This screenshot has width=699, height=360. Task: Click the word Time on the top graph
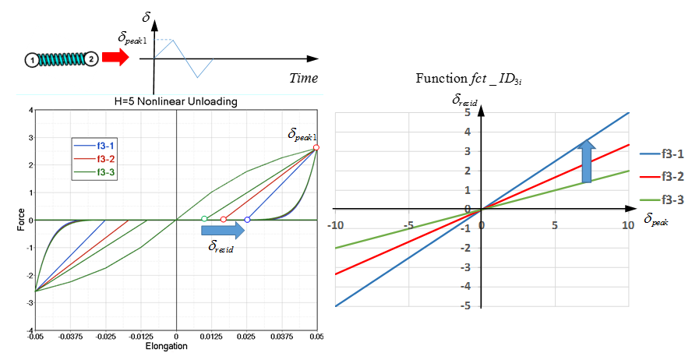(x=303, y=78)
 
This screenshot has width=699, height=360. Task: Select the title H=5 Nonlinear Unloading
(x=175, y=101)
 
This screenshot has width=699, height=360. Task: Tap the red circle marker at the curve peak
(x=316, y=147)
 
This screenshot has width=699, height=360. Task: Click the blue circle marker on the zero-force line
(x=247, y=220)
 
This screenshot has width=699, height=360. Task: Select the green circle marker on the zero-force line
(x=204, y=220)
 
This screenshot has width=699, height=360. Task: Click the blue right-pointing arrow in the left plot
(x=223, y=231)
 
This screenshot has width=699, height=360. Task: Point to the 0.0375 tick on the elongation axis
(x=281, y=337)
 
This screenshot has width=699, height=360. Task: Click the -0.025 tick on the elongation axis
(x=106, y=337)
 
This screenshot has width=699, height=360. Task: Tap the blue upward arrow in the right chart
(x=586, y=161)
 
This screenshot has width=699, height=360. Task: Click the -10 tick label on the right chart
(x=336, y=225)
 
